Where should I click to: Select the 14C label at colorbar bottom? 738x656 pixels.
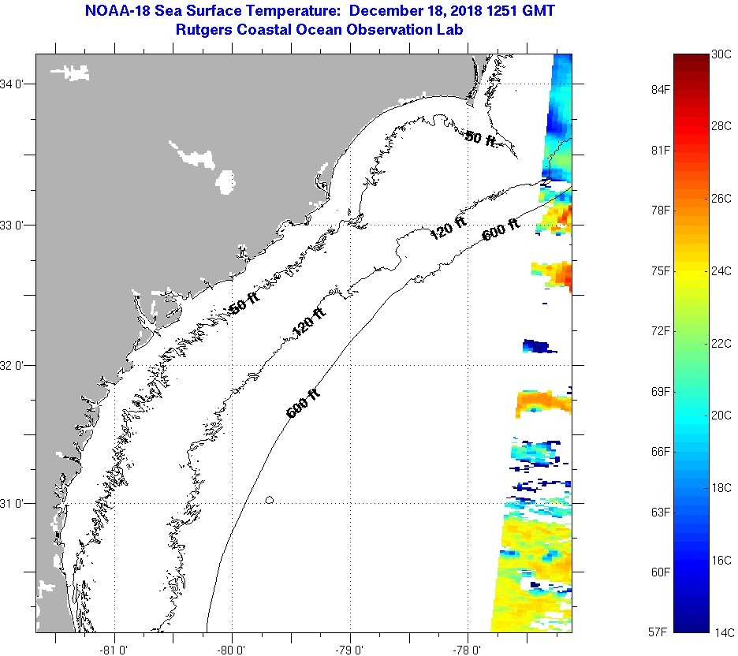[x=724, y=632]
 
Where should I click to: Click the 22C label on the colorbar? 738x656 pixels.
[x=723, y=343]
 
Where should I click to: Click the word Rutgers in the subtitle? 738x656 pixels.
[x=207, y=29]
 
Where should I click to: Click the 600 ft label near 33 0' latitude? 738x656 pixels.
[x=501, y=229]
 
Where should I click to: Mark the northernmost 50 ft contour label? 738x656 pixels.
[x=480, y=139]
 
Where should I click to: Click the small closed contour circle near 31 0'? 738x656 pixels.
[x=270, y=500]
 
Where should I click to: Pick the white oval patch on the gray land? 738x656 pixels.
[x=225, y=182]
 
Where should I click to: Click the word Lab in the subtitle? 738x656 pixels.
[x=451, y=29]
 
